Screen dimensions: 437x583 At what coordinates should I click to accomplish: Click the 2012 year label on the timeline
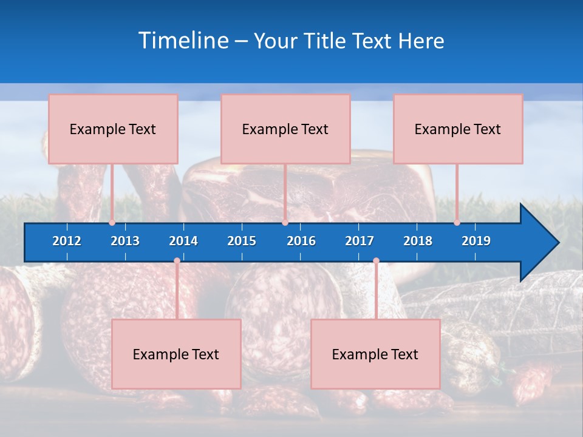click(67, 241)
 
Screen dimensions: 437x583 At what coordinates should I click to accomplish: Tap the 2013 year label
click(125, 241)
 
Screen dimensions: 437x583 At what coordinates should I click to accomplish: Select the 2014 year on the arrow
click(183, 241)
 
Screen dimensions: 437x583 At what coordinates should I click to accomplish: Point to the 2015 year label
click(242, 241)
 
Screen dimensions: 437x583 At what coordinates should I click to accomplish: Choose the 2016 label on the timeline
click(301, 241)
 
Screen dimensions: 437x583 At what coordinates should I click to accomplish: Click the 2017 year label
click(360, 241)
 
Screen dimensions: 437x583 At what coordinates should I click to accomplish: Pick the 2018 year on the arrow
click(418, 241)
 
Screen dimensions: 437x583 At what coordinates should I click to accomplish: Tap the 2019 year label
click(476, 241)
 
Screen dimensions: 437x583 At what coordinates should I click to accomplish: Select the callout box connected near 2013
click(113, 129)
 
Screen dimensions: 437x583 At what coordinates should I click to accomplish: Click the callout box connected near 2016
click(285, 129)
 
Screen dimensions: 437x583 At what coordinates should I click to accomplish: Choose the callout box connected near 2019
click(458, 129)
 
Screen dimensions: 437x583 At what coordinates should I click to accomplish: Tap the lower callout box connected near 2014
click(176, 354)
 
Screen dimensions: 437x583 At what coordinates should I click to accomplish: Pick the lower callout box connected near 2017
click(375, 354)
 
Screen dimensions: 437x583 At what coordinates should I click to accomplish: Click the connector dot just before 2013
click(112, 223)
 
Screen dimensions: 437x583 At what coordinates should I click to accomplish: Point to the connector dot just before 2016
click(285, 223)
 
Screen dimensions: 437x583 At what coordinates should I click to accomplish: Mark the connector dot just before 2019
click(457, 223)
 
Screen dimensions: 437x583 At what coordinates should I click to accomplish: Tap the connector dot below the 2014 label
click(177, 261)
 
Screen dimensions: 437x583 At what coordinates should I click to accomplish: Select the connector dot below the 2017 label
click(376, 261)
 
